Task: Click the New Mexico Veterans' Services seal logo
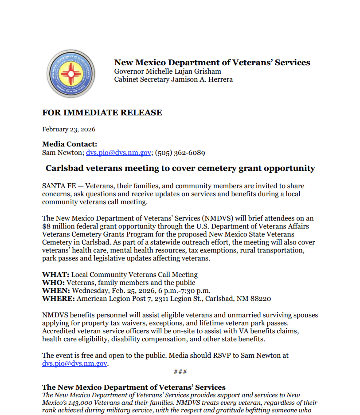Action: (x=71, y=73)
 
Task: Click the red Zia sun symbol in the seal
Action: (x=71, y=73)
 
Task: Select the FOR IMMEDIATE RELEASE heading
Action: (x=102, y=113)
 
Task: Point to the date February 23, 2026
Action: (x=69, y=130)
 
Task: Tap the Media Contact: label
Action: (x=70, y=144)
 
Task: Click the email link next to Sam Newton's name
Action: (x=118, y=153)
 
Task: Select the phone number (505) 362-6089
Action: (x=180, y=153)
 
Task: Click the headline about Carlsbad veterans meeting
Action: (x=180, y=168)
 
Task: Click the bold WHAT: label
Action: (x=55, y=275)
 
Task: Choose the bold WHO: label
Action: (x=54, y=283)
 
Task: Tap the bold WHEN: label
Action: (x=56, y=291)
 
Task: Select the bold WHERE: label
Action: (x=59, y=299)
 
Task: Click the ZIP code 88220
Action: (x=261, y=299)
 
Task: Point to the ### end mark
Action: (x=180, y=372)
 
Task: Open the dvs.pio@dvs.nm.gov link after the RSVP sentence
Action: (x=74, y=364)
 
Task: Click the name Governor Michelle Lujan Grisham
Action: (x=168, y=71)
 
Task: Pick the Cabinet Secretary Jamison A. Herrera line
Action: (x=173, y=79)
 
